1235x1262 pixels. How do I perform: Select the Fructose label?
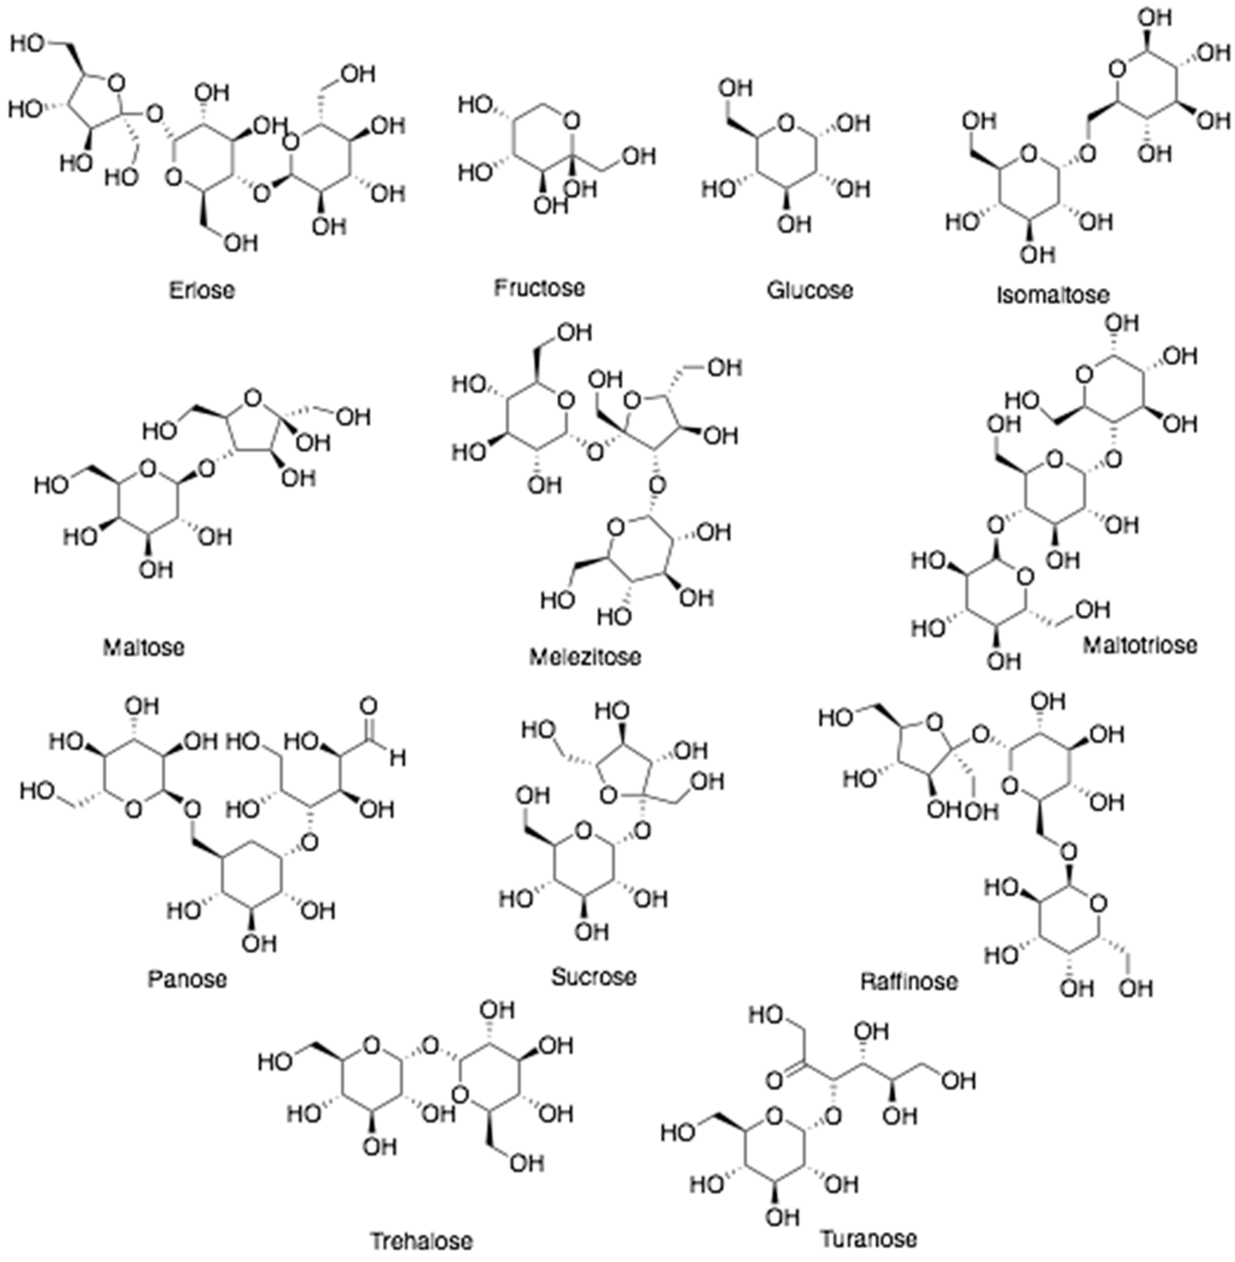[539, 287]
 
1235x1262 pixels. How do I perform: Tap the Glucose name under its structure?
[810, 290]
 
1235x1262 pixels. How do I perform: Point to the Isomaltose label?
[1053, 295]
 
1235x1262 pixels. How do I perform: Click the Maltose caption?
[144, 646]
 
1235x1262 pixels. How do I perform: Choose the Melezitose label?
[585, 657]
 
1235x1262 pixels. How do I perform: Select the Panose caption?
[188, 978]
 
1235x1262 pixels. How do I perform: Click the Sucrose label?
[593, 976]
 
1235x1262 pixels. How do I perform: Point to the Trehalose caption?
[422, 1241]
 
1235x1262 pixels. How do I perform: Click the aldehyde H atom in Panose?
[398, 758]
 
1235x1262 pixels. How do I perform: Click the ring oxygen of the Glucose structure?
[786, 121]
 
